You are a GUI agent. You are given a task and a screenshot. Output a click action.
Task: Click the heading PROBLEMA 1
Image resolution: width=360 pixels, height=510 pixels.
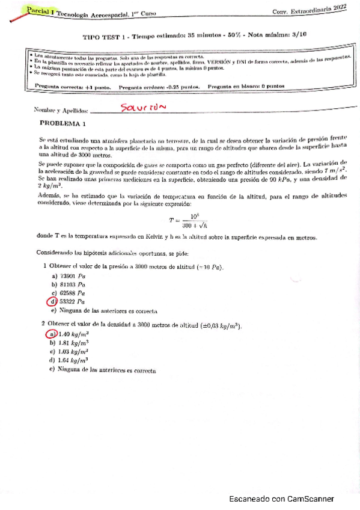[x=63, y=124]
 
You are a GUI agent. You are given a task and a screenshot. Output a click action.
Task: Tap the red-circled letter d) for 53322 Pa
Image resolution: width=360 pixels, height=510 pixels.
[x=53, y=301]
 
